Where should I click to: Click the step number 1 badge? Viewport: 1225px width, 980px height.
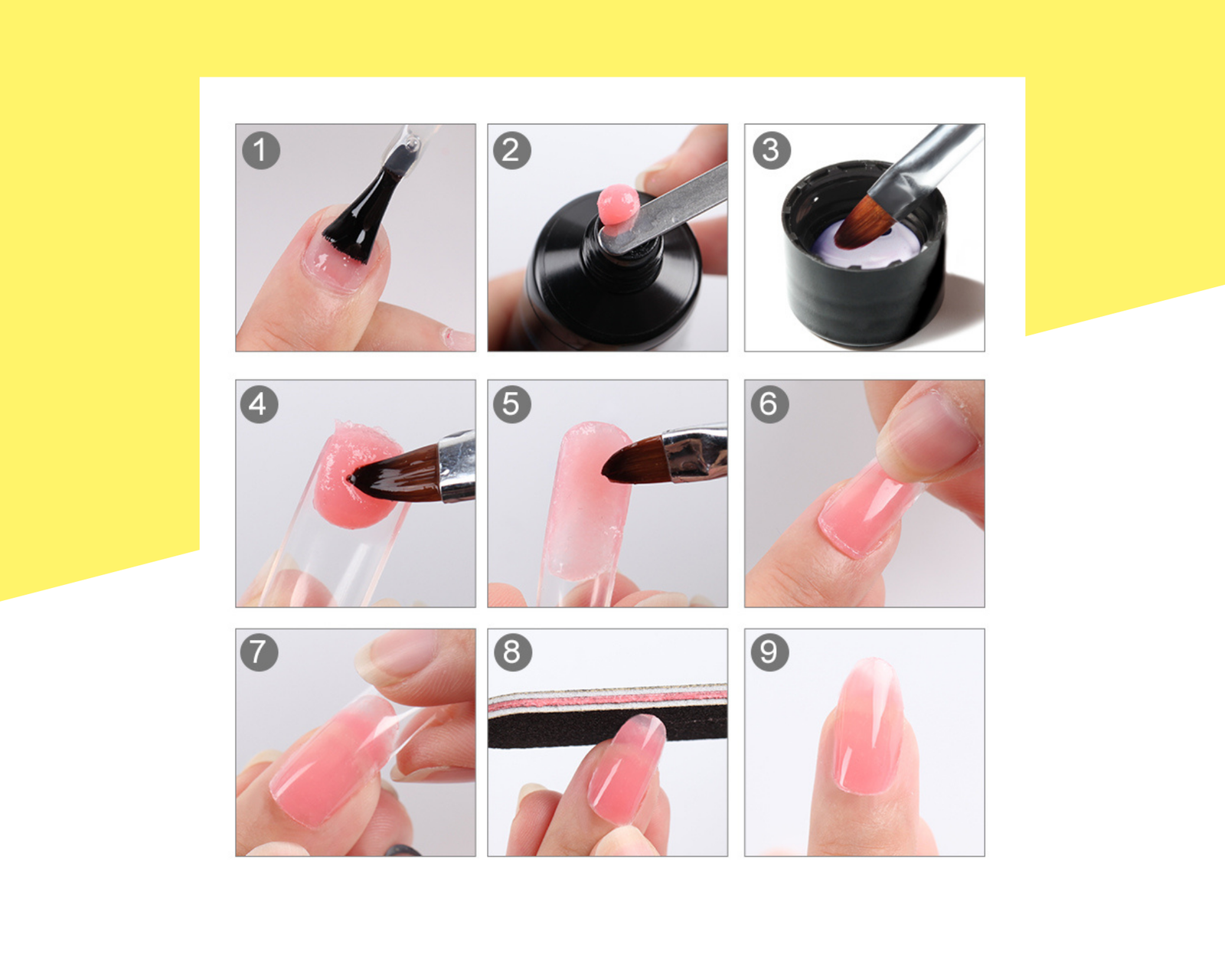(261, 150)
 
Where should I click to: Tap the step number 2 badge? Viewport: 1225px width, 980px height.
(511, 150)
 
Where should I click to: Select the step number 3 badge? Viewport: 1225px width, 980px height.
(771, 150)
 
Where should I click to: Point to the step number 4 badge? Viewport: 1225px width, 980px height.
(259, 404)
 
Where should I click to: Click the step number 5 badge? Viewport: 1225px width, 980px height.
(511, 404)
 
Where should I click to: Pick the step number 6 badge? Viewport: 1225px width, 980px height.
(769, 404)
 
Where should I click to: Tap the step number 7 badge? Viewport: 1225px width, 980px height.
(259, 652)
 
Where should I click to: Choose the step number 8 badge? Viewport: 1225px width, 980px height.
(513, 652)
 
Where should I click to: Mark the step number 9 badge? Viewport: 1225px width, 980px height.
(769, 652)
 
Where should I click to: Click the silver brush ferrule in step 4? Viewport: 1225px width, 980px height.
(457, 467)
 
